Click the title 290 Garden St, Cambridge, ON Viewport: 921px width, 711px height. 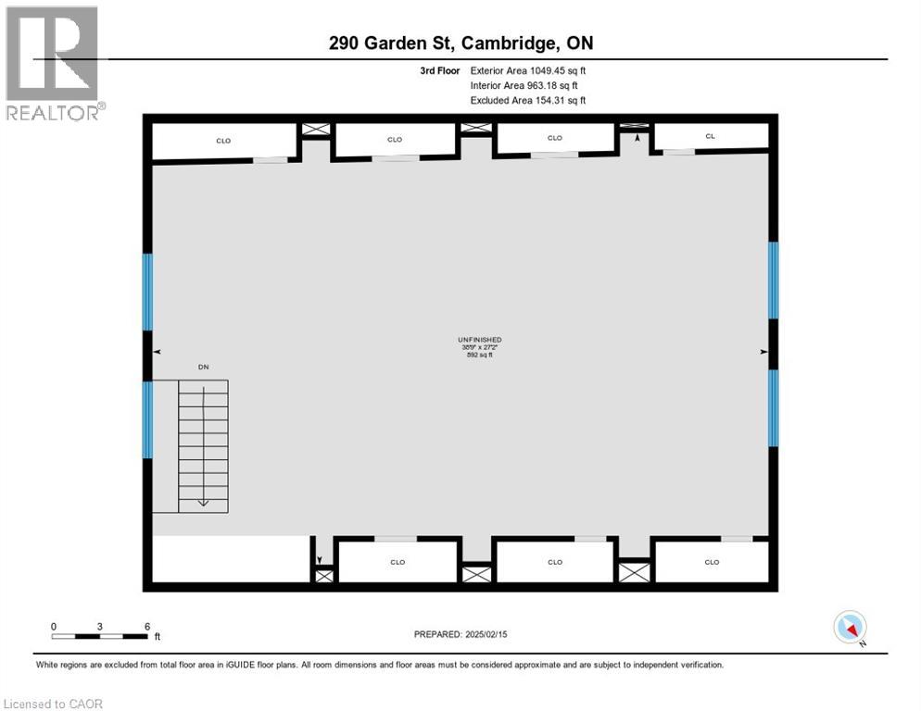(x=460, y=44)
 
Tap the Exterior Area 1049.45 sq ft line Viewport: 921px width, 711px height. (x=528, y=69)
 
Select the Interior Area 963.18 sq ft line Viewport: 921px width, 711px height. (x=524, y=85)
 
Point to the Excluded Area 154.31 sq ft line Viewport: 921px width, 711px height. (x=528, y=100)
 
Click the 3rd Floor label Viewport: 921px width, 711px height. (x=439, y=69)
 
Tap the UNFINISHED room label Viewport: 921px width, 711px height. (x=479, y=340)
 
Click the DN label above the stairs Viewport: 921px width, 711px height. (x=204, y=368)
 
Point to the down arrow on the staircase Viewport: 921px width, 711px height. (x=203, y=502)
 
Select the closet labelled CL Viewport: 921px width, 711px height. (x=711, y=136)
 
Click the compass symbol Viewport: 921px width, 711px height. (x=850, y=627)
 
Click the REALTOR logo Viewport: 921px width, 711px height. (x=53, y=63)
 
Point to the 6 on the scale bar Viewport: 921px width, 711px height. (x=147, y=626)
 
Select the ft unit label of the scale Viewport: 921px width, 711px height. (x=157, y=637)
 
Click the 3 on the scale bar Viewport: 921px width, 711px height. (x=100, y=626)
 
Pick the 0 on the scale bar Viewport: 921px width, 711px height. (x=54, y=626)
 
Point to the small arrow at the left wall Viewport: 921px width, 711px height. (x=157, y=352)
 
